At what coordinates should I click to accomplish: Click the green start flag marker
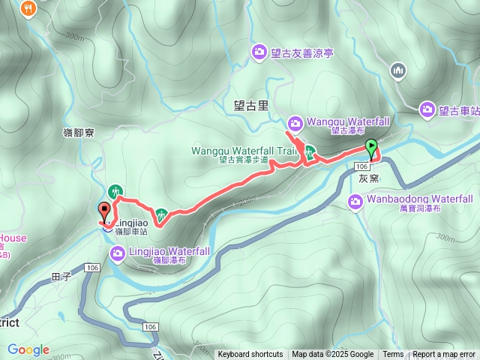click(370, 146)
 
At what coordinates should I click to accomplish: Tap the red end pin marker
click(104, 211)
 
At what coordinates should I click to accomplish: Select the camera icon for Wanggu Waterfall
click(295, 122)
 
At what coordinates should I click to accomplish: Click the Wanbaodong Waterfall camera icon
click(356, 200)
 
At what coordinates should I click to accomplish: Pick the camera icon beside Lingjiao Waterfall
click(118, 253)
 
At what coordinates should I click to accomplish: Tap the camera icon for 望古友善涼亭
click(259, 51)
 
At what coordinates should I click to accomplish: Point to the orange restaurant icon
click(29, 7)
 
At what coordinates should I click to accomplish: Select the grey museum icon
click(397, 71)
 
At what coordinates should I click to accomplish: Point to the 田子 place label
click(61, 277)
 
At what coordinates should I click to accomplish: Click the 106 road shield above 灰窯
click(362, 166)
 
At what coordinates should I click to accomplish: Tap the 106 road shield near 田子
click(92, 268)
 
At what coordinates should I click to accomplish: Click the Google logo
click(28, 349)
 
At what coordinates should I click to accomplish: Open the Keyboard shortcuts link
click(250, 355)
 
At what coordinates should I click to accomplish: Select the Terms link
click(393, 355)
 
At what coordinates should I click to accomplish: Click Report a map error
click(444, 355)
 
